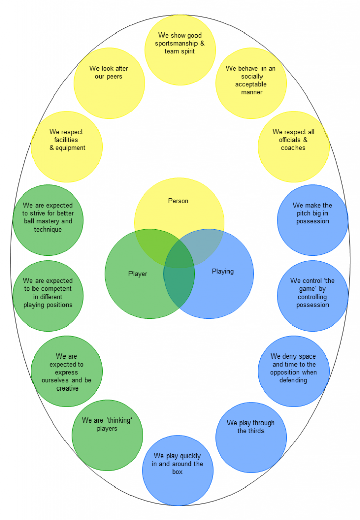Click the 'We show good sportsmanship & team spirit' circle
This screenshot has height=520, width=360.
(x=180, y=50)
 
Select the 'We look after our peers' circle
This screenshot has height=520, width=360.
(x=109, y=83)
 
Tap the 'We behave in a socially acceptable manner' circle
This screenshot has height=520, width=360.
(x=251, y=83)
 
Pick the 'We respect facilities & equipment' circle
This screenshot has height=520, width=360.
(x=67, y=147)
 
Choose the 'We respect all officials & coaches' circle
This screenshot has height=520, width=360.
(x=293, y=147)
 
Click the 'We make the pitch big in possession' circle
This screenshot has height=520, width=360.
(x=312, y=220)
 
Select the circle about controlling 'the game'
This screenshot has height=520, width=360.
(x=312, y=296)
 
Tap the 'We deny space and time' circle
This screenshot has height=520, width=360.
(x=293, y=371)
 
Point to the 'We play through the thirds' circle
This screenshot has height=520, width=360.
(x=251, y=437)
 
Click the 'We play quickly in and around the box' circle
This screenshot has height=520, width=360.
(x=178, y=470)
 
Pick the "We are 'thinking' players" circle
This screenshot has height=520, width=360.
(x=107, y=435)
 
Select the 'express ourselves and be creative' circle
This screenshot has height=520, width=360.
(x=67, y=371)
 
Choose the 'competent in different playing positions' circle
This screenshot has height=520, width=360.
(x=48, y=296)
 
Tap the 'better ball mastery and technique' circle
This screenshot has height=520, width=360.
(x=48, y=220)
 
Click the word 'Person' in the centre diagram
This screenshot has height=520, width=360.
(x=178, y=201)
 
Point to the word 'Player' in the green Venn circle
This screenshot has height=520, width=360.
(x=138, y=274)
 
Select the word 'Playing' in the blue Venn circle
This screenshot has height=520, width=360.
(x=222, y=271)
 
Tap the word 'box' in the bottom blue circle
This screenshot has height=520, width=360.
(x=177, y=472)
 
